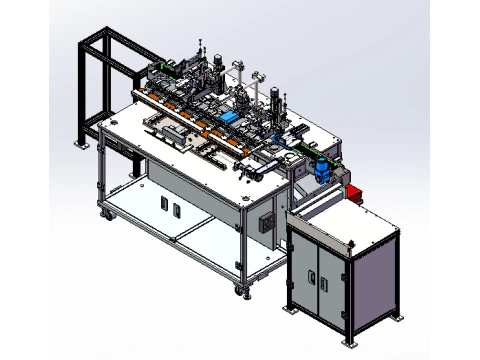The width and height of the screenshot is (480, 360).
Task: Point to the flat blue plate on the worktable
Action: [228, 117]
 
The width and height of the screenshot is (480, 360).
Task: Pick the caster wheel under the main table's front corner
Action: [239, 291]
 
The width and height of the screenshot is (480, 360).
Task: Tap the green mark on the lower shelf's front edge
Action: [175, 241]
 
